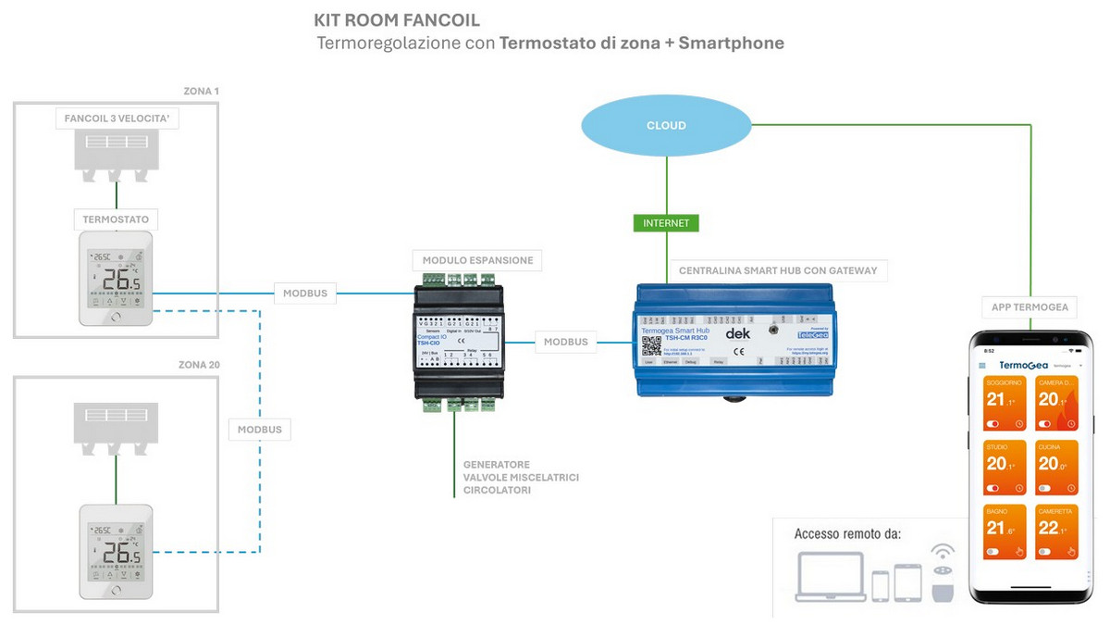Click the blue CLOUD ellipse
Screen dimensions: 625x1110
666,125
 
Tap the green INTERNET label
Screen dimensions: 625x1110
666,223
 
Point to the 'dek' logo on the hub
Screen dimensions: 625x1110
737,332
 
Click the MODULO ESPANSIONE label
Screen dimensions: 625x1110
477,260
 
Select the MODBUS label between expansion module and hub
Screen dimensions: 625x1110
565,342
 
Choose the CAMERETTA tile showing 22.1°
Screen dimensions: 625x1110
1055,532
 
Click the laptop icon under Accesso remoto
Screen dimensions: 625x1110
830,579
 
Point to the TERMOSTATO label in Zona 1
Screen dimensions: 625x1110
116,219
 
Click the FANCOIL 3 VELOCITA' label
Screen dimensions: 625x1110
116,119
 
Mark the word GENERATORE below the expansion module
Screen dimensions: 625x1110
497,465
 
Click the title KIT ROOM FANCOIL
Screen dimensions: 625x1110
397,19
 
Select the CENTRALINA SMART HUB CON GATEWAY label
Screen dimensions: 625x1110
777,271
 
